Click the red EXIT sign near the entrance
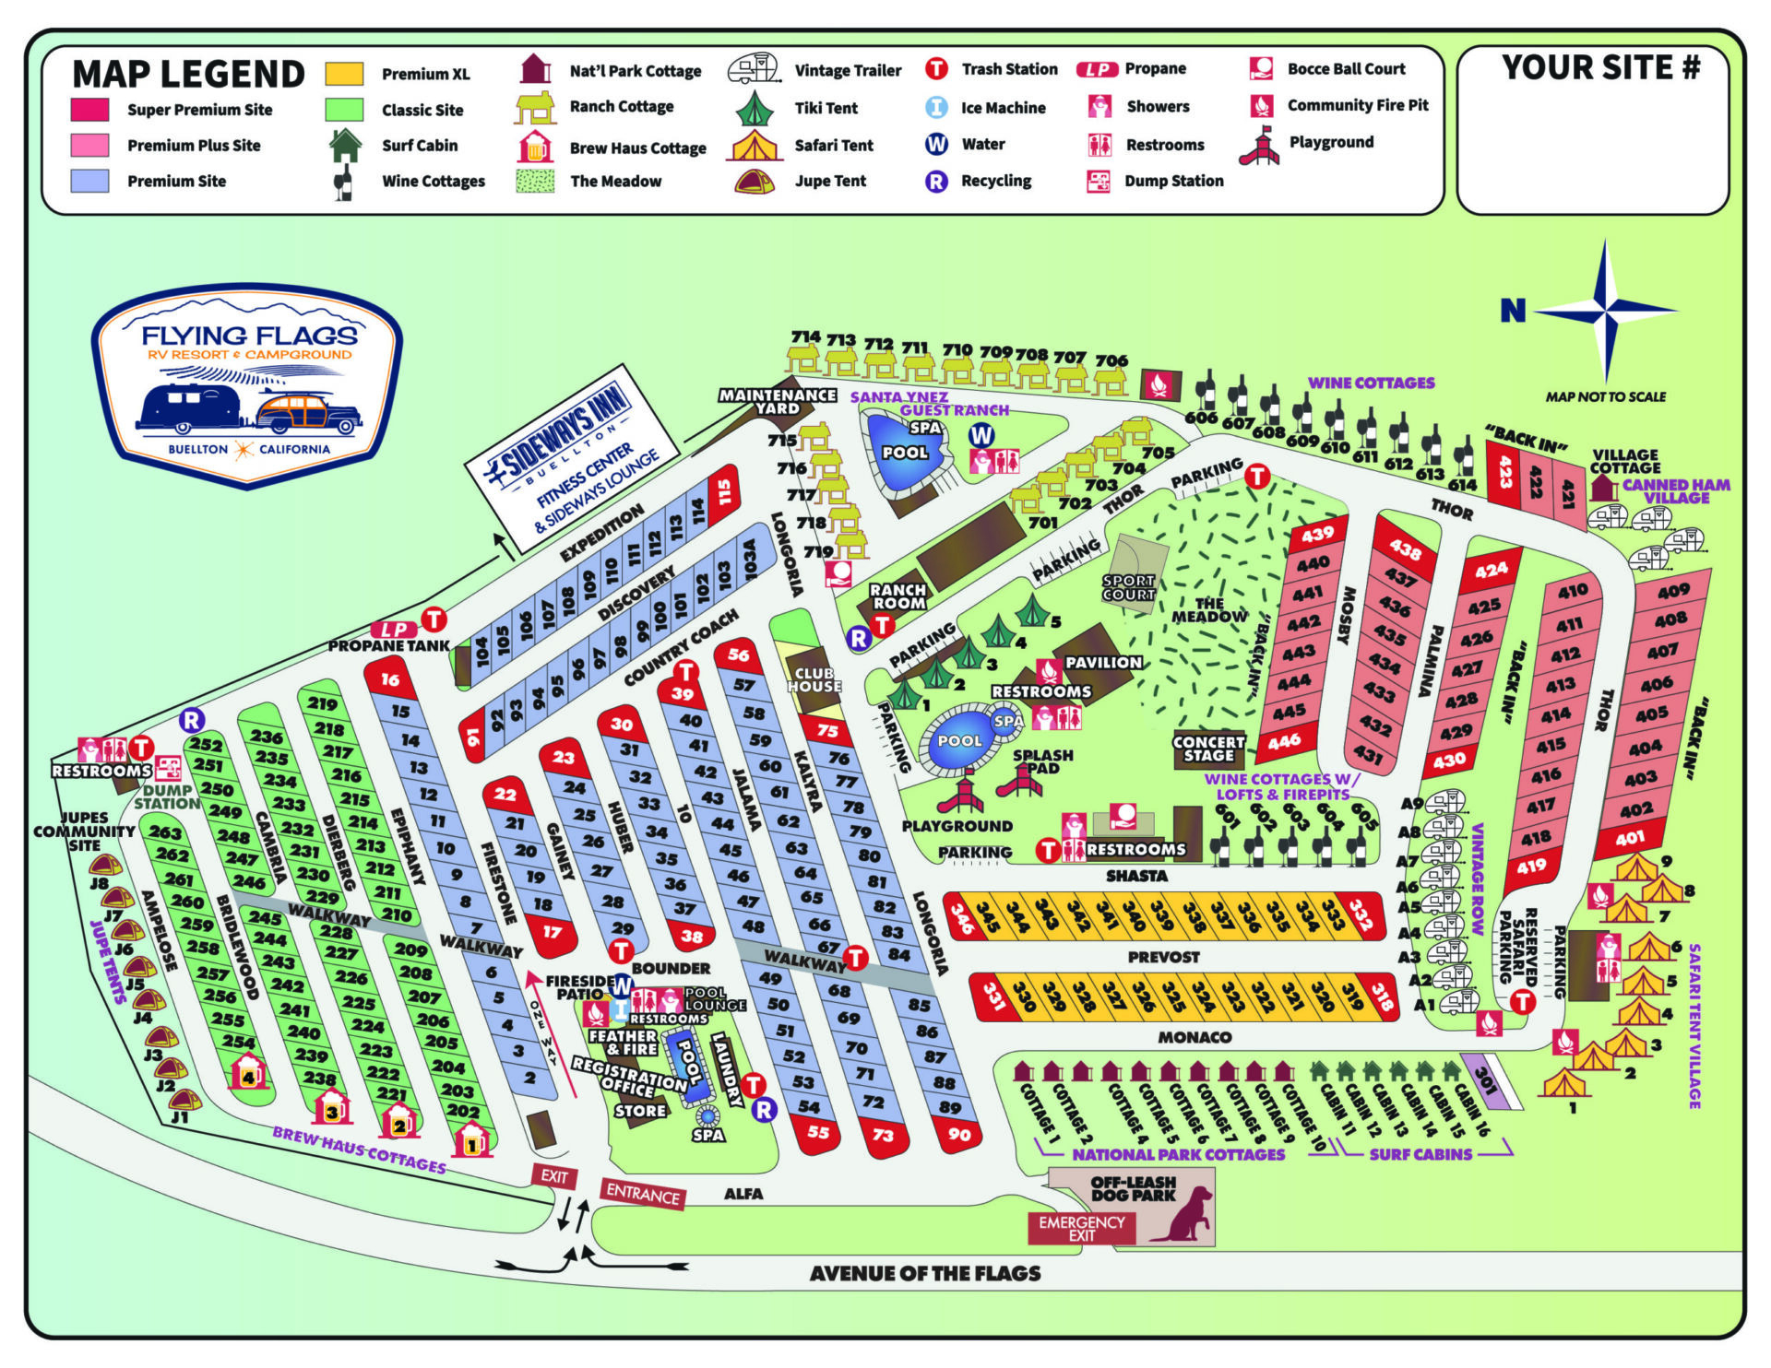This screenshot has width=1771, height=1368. click(x=553, y=1176)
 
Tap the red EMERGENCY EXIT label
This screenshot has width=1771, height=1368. click(x=1081, y=1228)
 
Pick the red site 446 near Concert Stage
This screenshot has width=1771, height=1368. click(x=1284, y=741)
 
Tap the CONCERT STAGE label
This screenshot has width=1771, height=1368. click(x=1208, y=749)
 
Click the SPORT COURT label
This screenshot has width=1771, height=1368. click(x=1128, y=588)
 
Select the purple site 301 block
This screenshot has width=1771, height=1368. click(x=1486, y=1079)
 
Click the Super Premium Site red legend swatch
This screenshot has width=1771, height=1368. click(x=89, y=110)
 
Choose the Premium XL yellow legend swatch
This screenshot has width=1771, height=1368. click(x=344, y=74)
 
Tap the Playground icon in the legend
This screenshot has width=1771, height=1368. click(x=1260, y=146)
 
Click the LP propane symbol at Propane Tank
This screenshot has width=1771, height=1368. click(x=394, y=629)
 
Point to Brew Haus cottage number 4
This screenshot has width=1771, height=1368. click(x=247, y=1073)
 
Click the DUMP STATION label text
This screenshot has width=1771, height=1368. click(x=166, y=796)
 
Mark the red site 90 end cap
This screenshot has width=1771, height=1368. click(x=959, y=1134)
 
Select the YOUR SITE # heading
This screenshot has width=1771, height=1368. click(x=1600, y=67)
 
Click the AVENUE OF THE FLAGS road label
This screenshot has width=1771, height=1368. click(x=924, y=1273)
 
